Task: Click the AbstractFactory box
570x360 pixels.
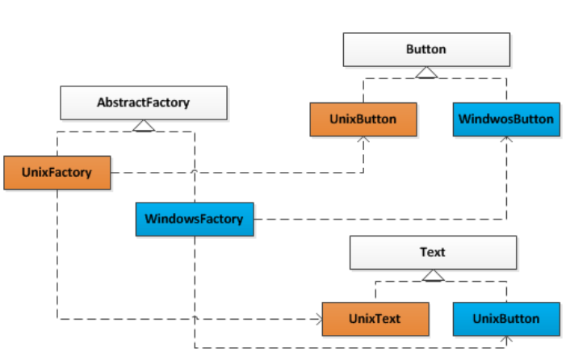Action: (x=143, y=103)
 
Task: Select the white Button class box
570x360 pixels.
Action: (x=425, y=49)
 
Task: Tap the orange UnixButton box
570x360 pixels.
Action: (x=363, y=119)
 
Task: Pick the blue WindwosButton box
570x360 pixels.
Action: (x=505, y=119)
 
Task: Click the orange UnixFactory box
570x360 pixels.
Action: (x=56, y=172)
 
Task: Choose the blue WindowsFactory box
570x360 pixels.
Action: (x=194, y=219)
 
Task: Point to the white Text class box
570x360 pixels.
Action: (x=432, y=252)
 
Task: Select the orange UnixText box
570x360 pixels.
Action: (x=375, y=318)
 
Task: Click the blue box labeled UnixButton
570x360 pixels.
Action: (x=505, y=318)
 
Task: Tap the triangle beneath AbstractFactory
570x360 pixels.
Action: (x=144, y=125)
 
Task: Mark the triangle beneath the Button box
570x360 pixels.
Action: (x=426, y=73)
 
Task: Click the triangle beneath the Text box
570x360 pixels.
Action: (x=434, y=275)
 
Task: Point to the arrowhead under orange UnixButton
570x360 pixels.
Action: (x=363, y=140)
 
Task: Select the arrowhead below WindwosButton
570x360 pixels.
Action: (x=506, y=140)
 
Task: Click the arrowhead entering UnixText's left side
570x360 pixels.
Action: (x=317, y=319)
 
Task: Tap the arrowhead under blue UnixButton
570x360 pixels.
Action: (x=506, y=340)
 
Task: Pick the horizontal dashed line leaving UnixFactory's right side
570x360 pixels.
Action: (x=234, y=172)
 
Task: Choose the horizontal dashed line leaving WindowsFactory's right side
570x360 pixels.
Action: (x=379, y=219)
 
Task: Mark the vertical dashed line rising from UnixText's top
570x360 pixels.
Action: (x=375, y=291)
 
